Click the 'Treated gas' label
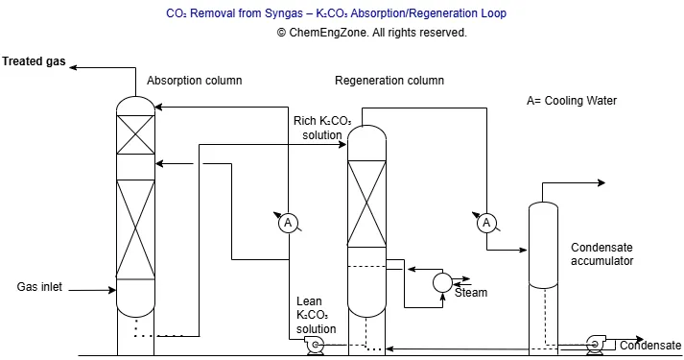click(34, 61)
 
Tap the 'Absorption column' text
click(194, 80)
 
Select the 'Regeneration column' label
click(389, 81)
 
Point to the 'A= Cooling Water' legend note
click(572, 101)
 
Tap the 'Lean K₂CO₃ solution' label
click(316, 315)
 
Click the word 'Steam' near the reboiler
click(471, 293)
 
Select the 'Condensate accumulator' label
click(602, 254)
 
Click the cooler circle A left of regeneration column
click(287, 224)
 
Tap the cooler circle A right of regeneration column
click(486, 224)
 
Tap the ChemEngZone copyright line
click(342, 32)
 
